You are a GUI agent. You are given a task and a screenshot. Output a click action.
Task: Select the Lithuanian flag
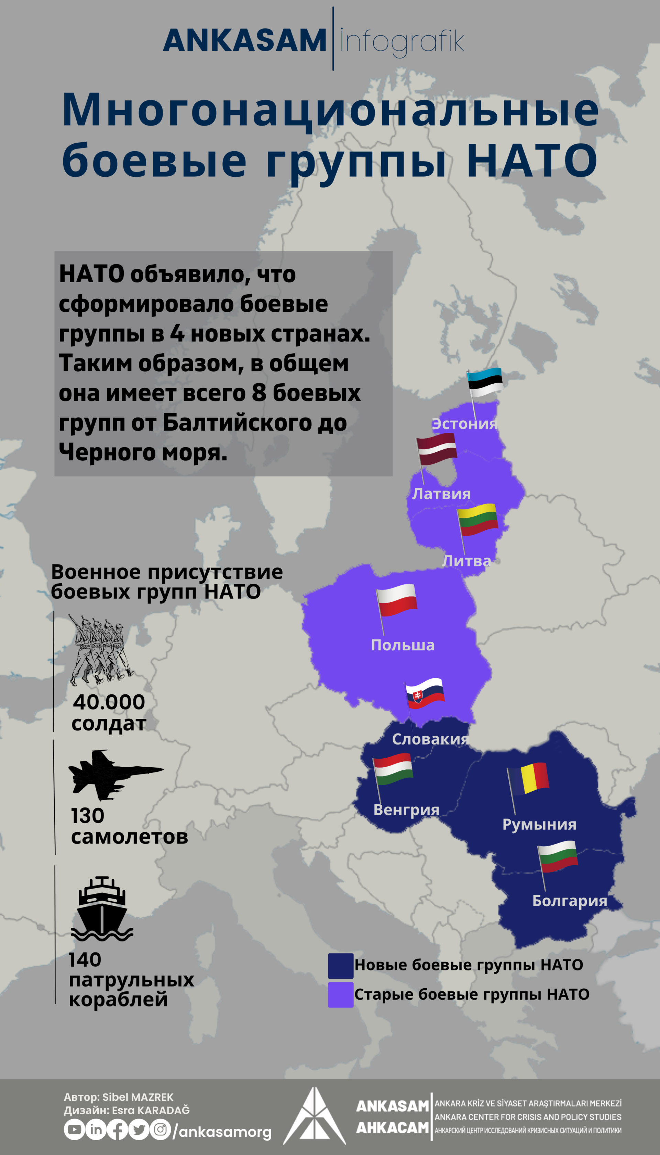pos(478,519)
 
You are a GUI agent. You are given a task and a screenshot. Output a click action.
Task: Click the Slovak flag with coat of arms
pos(425,694)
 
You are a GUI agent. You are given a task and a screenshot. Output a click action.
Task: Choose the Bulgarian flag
pos(558,856)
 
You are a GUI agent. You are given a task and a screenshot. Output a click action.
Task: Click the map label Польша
pos(403,645)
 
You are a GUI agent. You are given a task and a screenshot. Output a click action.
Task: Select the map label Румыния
pos(539,824)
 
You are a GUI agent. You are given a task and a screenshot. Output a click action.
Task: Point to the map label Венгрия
pos(406,810)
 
